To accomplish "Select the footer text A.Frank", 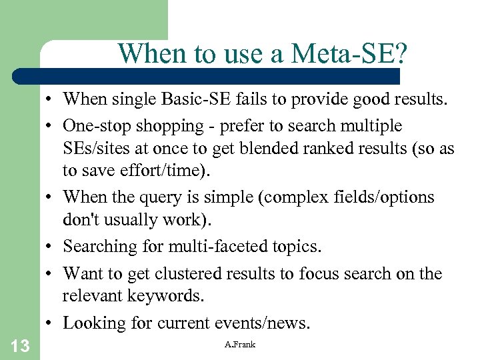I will coord(240,344).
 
